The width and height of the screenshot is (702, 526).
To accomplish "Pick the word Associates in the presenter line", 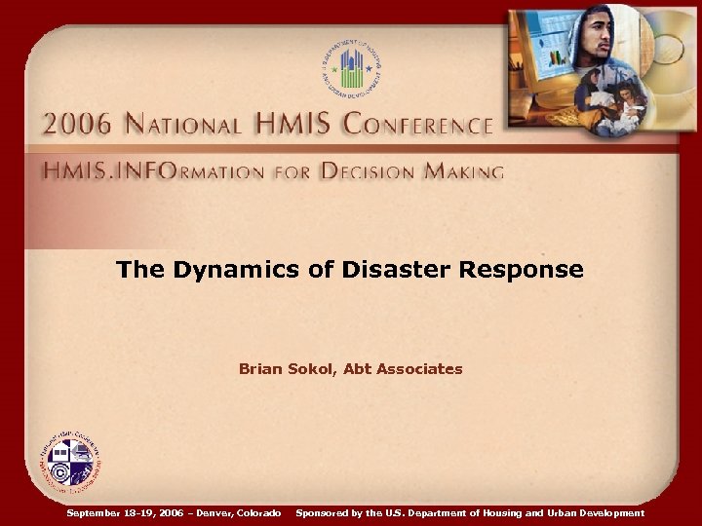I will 421,369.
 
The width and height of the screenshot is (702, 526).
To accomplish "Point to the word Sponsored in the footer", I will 323,512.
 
